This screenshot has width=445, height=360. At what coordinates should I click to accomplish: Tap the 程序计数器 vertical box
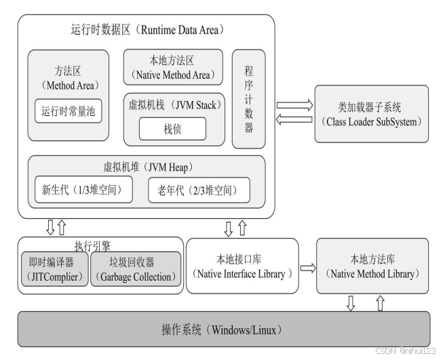(248, 99)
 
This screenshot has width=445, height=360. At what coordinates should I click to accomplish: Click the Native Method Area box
(173, 66)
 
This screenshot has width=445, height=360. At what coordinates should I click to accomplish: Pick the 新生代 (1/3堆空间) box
(83, 191)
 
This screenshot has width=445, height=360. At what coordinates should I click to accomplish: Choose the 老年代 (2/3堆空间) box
(198, 191)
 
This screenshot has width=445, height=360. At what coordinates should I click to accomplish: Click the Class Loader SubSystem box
(372, 113)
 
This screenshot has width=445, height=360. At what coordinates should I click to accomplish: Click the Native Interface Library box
(241, 266)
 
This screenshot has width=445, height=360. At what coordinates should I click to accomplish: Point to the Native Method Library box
(372, 266)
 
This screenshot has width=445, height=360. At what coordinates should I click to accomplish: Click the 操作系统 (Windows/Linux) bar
(222, 330)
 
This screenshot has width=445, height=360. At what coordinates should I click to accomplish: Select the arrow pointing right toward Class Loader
(294, 105)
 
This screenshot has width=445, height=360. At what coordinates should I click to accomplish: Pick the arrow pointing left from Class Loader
(294, 120)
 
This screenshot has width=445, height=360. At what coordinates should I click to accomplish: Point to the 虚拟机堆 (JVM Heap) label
(147, 166)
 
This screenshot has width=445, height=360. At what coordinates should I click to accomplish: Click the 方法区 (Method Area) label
(68, 79)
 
